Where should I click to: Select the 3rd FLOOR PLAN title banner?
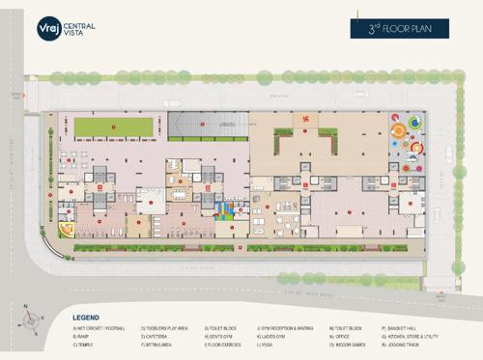(x=400, y=28)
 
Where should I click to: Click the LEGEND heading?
(x=86, y=317)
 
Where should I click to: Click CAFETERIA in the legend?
(x=158, y=336)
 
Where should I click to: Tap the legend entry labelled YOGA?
(x=269, y=344)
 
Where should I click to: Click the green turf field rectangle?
(x=114, y=126)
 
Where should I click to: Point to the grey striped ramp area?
(x=208, y=125)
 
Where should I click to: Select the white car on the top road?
(x=172, y=102)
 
